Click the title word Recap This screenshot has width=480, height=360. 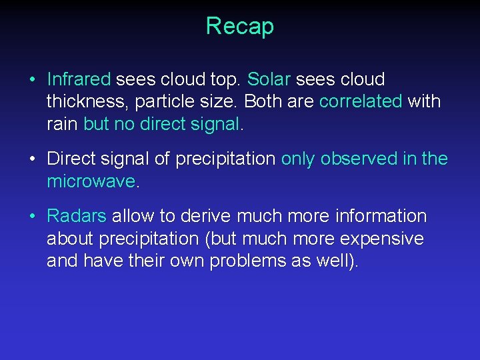point(239,27)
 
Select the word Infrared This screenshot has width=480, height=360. point(79,80)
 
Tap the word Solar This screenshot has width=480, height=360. point(269,80)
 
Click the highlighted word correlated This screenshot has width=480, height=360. point(361,102)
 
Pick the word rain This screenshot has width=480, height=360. point(63,124)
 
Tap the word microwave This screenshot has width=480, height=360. point(91,181)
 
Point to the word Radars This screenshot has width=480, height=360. point(77,217)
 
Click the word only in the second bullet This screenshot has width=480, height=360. point(298,159)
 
